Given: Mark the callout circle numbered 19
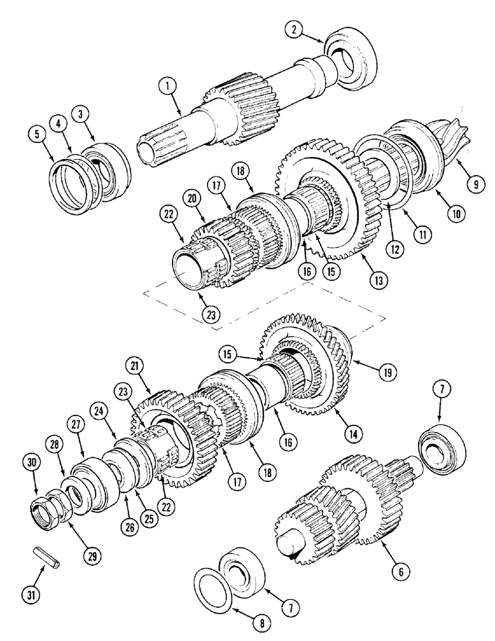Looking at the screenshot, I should tap(387, 370).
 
